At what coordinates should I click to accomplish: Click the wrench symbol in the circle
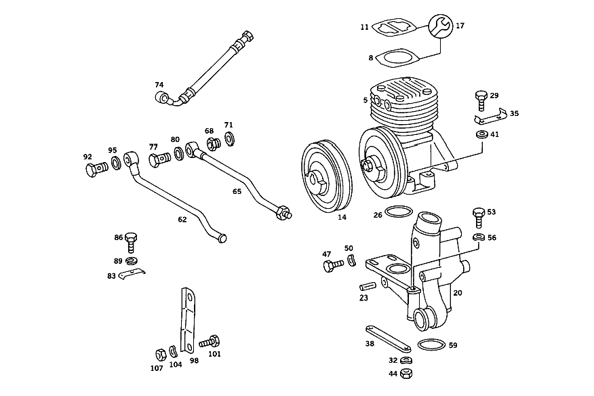click(440, 26)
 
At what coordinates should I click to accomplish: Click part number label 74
click(159, 85)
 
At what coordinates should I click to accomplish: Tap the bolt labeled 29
click(481, 100)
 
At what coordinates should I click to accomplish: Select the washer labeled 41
click(482, 134)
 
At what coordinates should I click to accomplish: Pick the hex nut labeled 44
click(406, 373)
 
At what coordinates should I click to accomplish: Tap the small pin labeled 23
click(368, 284)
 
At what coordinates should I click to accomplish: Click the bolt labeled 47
click(333, 265)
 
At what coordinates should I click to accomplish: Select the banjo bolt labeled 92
click(95, 169)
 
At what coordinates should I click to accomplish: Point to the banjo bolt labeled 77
click(159, 159)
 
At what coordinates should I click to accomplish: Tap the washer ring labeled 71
click(229, 138)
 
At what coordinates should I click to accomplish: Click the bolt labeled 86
click(131, 243)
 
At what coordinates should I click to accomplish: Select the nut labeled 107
click(161, 355)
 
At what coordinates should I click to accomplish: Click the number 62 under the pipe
click(182, 220)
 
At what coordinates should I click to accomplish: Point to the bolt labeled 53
click(479, 217)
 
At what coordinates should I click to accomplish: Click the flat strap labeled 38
click(389, 338)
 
